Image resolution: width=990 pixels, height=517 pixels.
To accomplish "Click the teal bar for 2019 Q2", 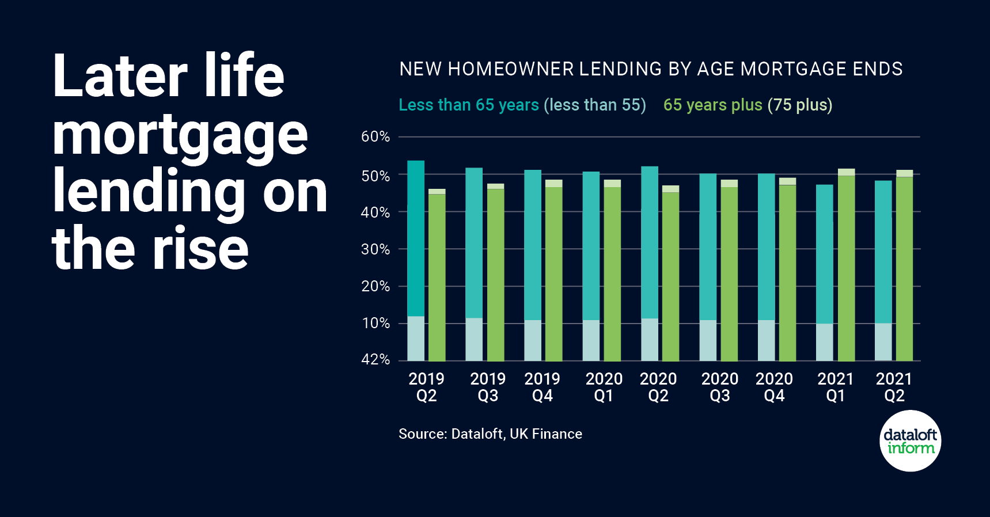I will click(416, 238).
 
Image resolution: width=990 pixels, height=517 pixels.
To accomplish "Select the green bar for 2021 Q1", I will click(846, 268).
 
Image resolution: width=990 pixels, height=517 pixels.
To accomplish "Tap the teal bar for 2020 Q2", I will click(650, 242).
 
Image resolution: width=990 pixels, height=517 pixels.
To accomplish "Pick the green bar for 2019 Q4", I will click(554, 274).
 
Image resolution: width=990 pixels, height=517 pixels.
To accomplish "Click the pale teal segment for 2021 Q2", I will click(883, 342).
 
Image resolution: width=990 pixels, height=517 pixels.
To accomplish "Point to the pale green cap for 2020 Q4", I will click(787, 181).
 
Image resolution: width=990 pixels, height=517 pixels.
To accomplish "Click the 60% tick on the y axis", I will click(375, 137).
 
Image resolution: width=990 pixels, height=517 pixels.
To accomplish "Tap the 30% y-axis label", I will click(375, 249).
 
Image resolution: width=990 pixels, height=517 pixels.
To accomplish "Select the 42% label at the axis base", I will click(375, 360).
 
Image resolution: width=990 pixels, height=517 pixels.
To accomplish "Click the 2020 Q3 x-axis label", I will click(719, 387).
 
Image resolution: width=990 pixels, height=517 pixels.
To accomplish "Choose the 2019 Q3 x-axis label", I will click(487, 387).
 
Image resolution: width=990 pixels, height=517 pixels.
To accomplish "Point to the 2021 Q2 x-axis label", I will click(894, 387).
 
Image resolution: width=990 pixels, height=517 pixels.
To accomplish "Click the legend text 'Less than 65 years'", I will click(469, 105).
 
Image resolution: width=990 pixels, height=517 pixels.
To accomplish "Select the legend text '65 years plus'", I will click(712, 105).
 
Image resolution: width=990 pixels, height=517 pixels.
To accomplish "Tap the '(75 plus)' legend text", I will click(800, 105).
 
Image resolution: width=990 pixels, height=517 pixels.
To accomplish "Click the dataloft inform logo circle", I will click(911, 441).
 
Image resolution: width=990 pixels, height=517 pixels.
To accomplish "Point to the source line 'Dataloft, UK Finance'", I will click(517, 434).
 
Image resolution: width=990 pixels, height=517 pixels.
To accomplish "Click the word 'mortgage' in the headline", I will click(180, 136).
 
